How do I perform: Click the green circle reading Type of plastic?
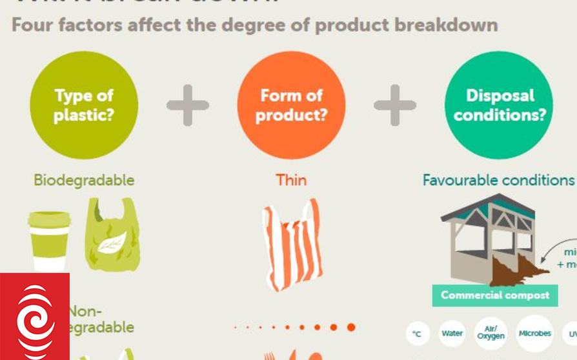(84, 105)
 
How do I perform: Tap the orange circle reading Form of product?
(291, 105)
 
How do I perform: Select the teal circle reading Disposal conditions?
(499, 105)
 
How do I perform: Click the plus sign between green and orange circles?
(188, 105)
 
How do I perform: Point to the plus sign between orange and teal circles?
(395, 105)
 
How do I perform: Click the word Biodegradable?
(84, 179)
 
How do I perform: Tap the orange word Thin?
(291, 179)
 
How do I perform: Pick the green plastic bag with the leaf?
(112, 234)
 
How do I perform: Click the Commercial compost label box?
(495, 295)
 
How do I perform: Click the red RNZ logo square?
(35, 316)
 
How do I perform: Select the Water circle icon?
(452, 334)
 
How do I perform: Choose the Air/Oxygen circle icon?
(491, 333)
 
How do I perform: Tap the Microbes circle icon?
(535, 334)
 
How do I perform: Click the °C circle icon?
(418, 334)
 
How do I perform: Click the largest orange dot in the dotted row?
(351, 328)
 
